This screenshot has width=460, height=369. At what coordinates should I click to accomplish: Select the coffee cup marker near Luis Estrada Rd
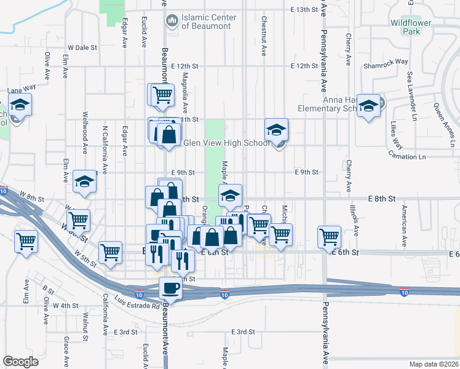(170, 288)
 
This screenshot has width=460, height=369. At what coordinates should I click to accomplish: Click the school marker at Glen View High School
(276, 130)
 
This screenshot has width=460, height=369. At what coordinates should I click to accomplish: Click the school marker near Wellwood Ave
(84, 181)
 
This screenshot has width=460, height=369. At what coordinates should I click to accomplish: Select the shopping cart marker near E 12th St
(162, 95)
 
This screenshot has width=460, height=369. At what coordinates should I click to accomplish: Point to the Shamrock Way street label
(386, 61)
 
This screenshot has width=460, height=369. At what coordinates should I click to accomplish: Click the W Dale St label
(83, 47)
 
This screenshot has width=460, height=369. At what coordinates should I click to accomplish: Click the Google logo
(20, 362)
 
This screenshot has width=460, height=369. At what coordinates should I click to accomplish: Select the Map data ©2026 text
(434, 364)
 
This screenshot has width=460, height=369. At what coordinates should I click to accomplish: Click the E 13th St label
(306, 10)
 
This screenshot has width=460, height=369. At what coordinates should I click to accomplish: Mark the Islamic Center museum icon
(172, 22)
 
